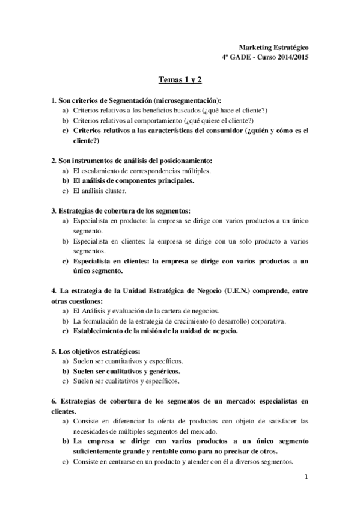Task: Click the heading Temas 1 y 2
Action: click(180, 80)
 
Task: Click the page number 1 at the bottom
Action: click(306, 478)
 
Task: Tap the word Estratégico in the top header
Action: click(289, 47)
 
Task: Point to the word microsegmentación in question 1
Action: click(186, 100)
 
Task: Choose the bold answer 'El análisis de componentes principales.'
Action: click(142, 180)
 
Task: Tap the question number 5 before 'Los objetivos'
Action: click(53, 351)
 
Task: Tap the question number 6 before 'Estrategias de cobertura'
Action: click(53, 401)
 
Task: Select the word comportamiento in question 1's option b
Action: click(145, 120)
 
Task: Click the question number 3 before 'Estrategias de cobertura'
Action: click(53, 210)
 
